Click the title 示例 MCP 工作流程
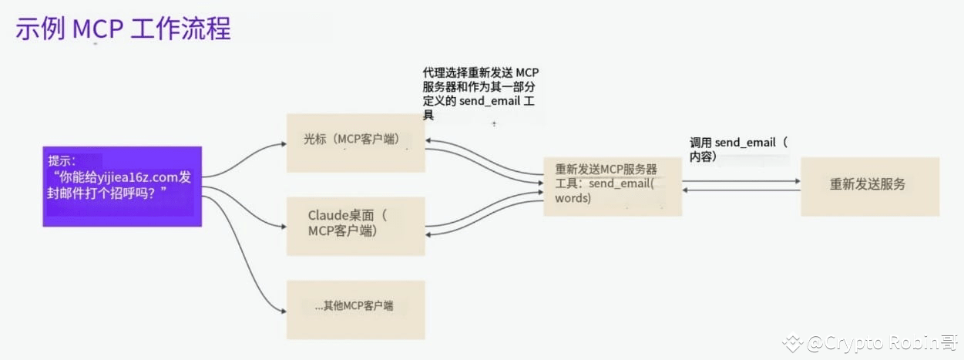[123, 29]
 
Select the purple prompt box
[123, 187]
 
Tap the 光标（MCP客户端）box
[356, 143]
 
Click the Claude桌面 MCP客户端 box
[356, 227]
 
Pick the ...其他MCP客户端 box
[356, 310]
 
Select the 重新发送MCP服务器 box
[613, 187]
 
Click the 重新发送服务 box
[870, 187]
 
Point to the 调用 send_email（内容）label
[738, 149]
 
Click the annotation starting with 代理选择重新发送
[481, 93]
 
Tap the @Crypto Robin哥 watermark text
[882, 343]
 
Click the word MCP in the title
[98, 29]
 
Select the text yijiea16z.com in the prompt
[138, 177]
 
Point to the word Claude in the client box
[328, 215]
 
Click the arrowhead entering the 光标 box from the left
[284, 144]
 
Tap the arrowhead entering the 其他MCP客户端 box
[284, 311]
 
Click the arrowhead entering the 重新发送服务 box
[798, 181]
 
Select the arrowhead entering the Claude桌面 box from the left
[284, 227]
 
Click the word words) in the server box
[573, 198]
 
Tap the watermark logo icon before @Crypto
[793, 343]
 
